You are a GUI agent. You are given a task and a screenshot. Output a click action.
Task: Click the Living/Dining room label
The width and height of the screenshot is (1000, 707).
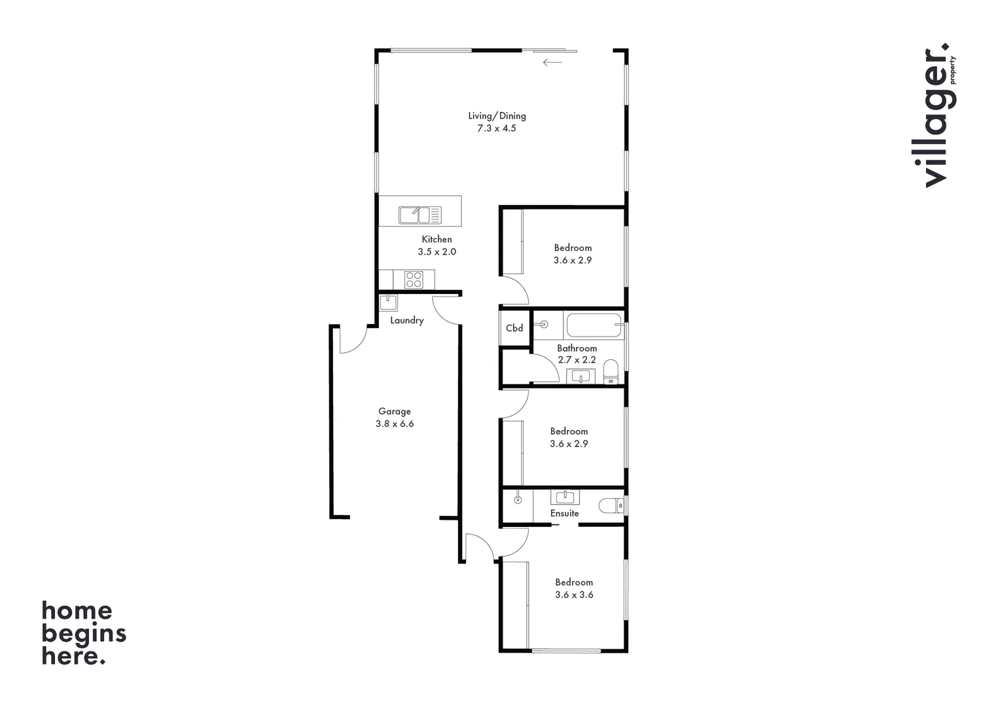[497, 116]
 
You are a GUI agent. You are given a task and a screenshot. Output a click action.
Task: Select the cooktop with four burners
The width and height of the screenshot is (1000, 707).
[414, 280]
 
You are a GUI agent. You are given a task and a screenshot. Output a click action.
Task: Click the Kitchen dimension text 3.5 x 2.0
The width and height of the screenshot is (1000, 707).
[437, 251]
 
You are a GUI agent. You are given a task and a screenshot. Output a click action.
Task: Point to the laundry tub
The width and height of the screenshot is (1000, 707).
[388, 302]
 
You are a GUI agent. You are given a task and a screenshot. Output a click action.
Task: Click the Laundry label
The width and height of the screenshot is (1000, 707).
[406, 320]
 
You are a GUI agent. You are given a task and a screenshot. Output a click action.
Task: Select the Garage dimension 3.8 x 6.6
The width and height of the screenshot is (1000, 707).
[394, 424]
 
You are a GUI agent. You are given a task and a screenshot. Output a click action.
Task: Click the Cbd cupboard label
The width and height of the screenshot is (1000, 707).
[514, 328]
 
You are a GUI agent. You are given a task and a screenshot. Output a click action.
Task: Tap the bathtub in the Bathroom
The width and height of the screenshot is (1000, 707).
[594, 325]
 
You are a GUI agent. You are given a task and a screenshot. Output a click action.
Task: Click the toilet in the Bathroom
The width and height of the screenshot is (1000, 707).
[610, 370]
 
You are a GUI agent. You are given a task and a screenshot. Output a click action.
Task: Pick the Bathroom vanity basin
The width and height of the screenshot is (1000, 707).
[580, 376]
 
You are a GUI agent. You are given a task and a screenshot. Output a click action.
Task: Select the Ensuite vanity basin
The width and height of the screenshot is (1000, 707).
[564, 497]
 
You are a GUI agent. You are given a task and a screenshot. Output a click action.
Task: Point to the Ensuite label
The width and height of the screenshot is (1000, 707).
[564, 513]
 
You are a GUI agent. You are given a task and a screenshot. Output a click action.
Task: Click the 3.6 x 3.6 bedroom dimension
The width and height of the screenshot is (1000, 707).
[574, 594]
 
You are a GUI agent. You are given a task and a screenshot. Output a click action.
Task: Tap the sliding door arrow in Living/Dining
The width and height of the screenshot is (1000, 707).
[552, 63]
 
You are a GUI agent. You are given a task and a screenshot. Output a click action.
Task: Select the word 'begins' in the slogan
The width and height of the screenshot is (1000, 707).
[84, 634]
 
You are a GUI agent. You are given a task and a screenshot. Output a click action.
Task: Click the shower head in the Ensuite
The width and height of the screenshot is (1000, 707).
[518, 500]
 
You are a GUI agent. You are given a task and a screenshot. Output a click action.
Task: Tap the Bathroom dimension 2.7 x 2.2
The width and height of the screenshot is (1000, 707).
[577, 359]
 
